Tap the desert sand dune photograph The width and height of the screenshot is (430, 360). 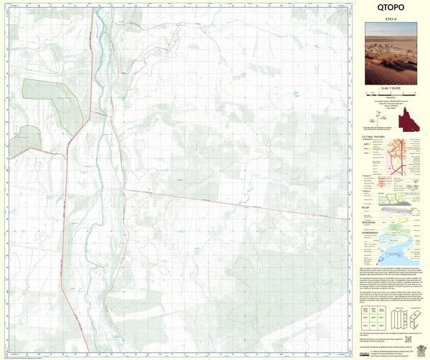click(391, 55)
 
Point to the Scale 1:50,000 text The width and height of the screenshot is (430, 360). click(391, 87)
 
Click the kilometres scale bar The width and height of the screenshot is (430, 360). click(391, 93)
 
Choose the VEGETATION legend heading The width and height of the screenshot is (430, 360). click(371, 223)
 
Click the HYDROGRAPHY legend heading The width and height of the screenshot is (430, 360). click(373, 234)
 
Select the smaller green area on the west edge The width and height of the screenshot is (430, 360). click(24, 140)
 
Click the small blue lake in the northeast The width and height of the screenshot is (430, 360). click(295, 93)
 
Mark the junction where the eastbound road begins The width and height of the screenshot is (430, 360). click(123, 190)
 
